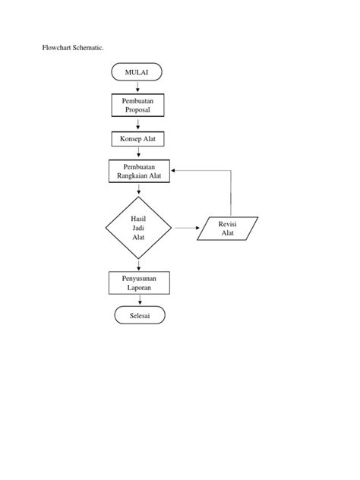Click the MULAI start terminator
point(138,72)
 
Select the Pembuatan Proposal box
point(138,105)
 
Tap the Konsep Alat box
point(138,139)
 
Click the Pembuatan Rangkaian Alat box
point(138,172)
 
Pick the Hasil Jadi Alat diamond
point(138,227)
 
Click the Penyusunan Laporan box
point(138,283)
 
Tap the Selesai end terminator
point(138,315)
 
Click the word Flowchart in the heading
point(56,48)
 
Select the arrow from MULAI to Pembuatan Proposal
point(138,87)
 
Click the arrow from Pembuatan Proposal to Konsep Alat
point(138,124)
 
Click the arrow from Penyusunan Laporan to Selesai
point(138,300)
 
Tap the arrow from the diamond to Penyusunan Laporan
point(138,265)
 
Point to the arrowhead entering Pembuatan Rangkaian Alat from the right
point(176,171)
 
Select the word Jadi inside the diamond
point(138,227)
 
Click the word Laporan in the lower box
point(138,289)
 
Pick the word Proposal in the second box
point(138,110)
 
